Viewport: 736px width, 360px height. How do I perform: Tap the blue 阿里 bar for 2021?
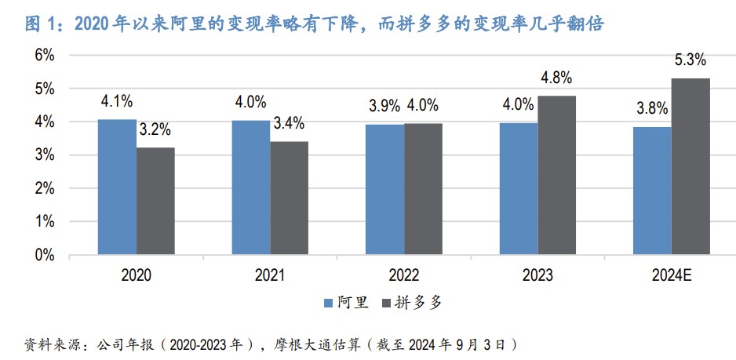point(251,187)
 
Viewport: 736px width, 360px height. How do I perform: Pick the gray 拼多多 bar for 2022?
point(424,188)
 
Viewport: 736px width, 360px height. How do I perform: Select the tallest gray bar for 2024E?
point(691,166)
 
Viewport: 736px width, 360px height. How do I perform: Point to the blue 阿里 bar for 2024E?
point(653,191)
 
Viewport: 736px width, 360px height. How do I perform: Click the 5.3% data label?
point(690,60)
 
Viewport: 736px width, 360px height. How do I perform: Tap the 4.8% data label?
point(556,78)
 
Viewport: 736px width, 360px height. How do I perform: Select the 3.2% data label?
point(155,130)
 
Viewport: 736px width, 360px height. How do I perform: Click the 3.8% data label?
point(652,109)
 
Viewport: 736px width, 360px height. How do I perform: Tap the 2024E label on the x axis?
point(672,275)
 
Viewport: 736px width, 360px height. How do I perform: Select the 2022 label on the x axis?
point(404,275)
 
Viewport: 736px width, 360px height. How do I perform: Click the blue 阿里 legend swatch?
point(329,302)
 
